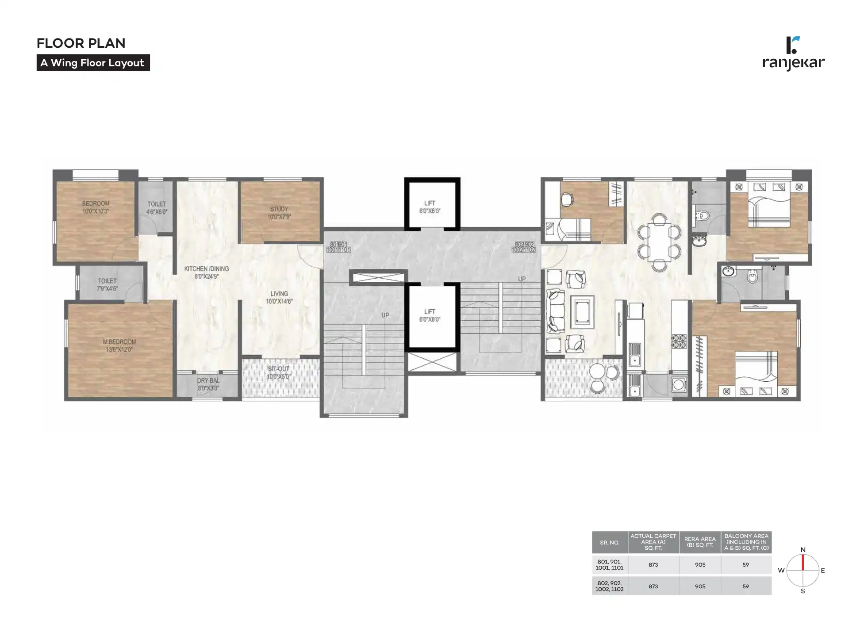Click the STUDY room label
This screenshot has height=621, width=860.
point(279,213)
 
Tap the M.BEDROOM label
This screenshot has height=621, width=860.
point(119,345)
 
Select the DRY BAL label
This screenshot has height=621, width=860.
point(208,384)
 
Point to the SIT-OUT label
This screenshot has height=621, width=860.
point(278,372)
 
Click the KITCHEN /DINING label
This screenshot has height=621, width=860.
point(206,272)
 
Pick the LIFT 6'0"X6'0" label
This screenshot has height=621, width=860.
point(430,207)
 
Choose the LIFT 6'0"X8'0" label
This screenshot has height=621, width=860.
point(430,315)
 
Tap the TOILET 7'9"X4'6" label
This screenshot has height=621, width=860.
point(107,284)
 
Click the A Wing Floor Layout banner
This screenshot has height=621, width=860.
point(93,63)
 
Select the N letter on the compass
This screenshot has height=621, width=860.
point(803,550)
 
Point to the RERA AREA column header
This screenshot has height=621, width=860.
point(700,542)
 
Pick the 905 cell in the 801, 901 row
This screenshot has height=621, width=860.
point(700,565)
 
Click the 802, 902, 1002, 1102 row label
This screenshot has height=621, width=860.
point(609,586)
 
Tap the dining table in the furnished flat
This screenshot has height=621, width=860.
point(659,242)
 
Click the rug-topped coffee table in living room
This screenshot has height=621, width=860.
point(582,312)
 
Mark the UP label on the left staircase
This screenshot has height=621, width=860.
point(385,315)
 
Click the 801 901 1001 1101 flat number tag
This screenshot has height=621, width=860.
point(338,247)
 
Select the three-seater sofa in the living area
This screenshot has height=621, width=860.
point(556,311)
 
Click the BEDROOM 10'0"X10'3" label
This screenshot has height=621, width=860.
point(96,207)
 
